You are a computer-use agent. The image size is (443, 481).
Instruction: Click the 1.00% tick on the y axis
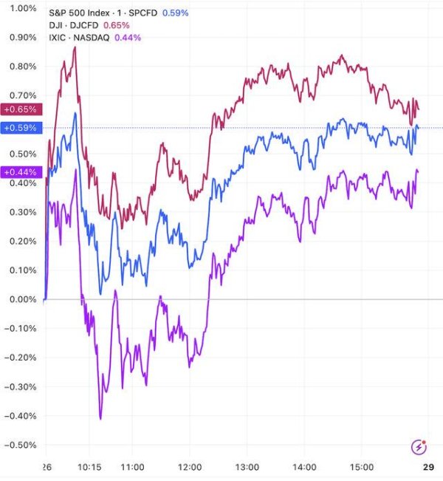click(x=22, y=8)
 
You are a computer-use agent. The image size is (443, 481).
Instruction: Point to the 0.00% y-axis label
click(x=22, y=299)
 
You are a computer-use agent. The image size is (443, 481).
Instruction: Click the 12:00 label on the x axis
click(x=189, y=468)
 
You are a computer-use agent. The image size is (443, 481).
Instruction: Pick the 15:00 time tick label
click(x=361, y=468)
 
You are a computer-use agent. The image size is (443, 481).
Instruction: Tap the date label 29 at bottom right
click(x=427, y=468)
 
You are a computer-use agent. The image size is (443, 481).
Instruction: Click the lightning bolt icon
click(x=419, y=446)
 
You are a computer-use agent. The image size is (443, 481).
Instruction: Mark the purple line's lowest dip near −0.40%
click(x=100, y=418)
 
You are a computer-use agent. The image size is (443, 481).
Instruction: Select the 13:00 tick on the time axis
click(x=247, y=468)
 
